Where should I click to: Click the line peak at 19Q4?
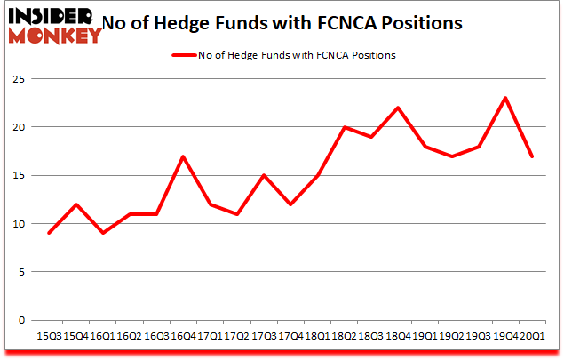coord(504,98)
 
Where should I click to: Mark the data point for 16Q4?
coord(183,156)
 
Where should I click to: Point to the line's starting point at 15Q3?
coord(50,233)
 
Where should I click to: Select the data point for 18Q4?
coord(397,108)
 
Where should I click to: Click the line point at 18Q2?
coord(344,127)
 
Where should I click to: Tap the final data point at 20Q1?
coord(531,156)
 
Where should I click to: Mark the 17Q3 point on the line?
coord(263,175)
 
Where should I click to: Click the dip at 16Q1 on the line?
coord(103,233)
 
